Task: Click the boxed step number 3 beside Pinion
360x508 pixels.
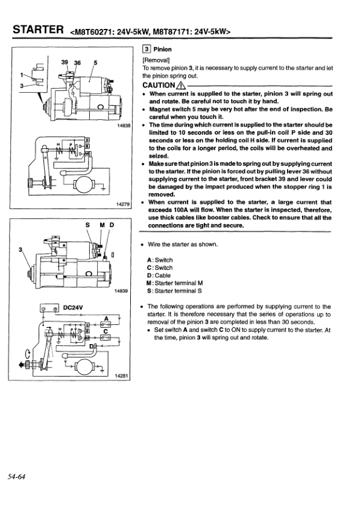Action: tap(145, 49)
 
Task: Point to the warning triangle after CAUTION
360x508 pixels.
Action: tap(180, 86)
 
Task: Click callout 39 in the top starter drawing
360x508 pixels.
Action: tap(65, 61)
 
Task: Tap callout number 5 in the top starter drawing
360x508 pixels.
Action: tap(95, 61)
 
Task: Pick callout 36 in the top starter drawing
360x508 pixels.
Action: tap(77, 61)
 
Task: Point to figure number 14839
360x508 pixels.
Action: tap(122, 291)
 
